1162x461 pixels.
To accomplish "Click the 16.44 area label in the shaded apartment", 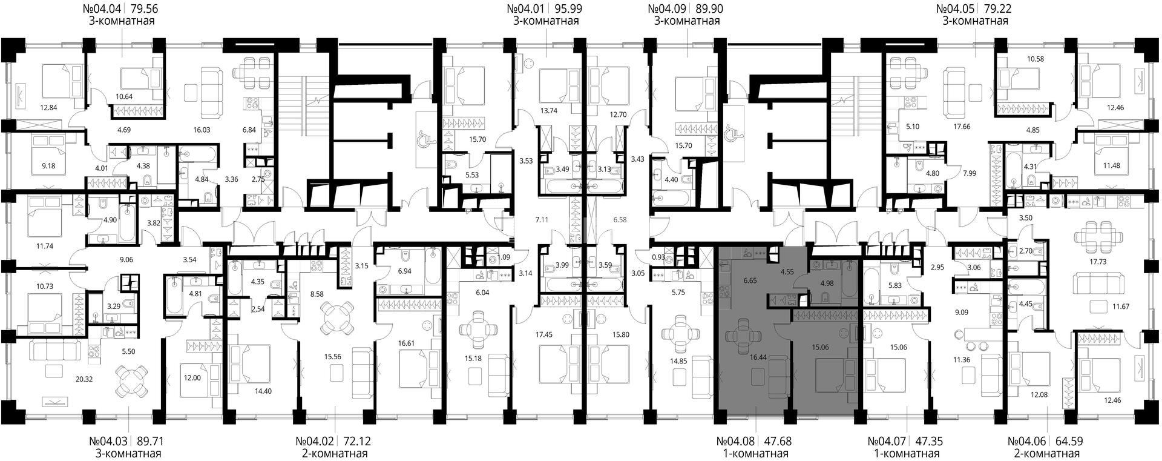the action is point(758,357).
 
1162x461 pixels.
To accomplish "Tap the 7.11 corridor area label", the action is point(542,219).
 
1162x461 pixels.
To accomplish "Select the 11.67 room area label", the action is point(1121,307).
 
